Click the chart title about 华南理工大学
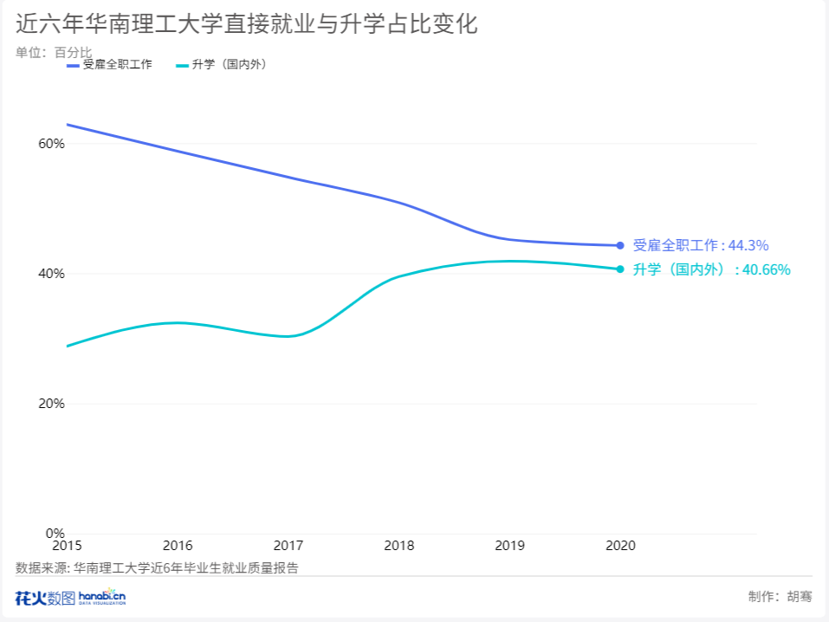(246, 24)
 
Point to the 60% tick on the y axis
(51, 144)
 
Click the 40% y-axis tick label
(51, 274)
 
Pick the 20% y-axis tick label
(51, 404)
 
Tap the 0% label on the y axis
(55, 533)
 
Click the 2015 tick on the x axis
(67, 546)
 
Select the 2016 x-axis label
(178, 546)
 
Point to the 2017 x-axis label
(288, 546)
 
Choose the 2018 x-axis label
(399, 546)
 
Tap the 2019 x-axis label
(510, 546)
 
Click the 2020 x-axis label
(620, 546)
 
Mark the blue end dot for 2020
(620, 245)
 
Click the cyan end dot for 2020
(620, 269)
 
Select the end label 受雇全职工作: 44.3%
(701, 245)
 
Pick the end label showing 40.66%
(711, 269)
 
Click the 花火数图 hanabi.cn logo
(71, 597)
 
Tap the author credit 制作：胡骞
(780, 596)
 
